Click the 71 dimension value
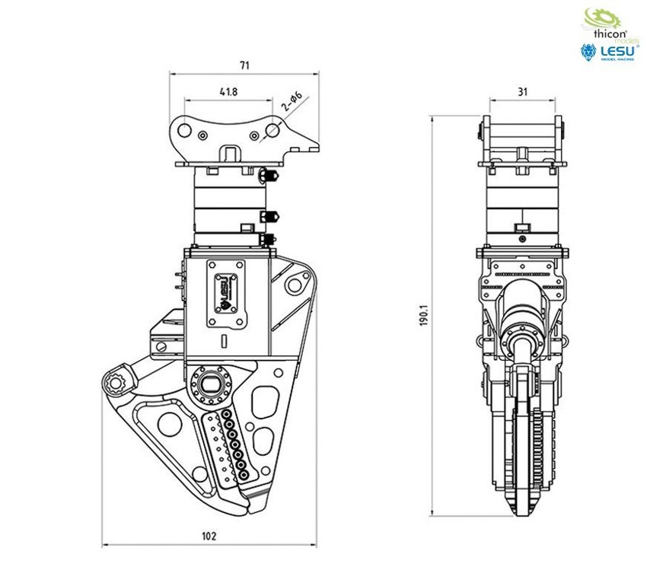tap(244, 66)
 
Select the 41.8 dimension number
tap(228, 91)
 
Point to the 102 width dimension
tap(209, 535)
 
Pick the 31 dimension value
tap(522, 91)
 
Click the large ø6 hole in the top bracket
tap(272, 133)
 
